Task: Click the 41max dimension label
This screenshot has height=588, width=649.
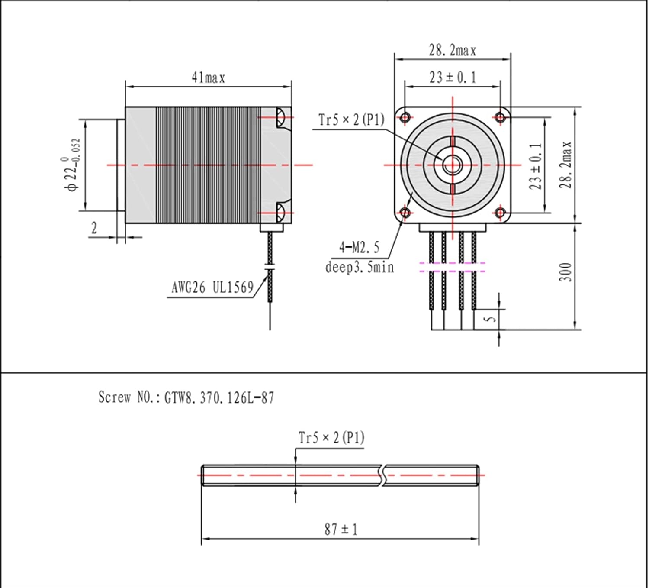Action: coord(208,78)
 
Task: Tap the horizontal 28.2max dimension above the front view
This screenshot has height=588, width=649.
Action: coord(452,51)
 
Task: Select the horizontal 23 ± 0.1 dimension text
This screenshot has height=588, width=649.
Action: coord(453,78)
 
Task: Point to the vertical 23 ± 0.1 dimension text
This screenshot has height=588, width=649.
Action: coord(535,166)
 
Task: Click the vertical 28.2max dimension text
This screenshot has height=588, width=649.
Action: coord(565,165)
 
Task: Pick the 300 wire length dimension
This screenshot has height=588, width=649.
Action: coord(565,272)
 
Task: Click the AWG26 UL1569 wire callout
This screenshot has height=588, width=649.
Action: coord(212,288)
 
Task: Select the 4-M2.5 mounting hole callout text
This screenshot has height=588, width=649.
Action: coord(359,247)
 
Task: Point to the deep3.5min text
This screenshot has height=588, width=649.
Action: coord(360,267)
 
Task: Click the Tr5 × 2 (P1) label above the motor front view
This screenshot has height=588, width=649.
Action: coord(351,120)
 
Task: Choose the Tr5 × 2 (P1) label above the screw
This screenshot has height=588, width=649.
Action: coord(331,438)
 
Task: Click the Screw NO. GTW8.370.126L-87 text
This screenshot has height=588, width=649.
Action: coord(186,397)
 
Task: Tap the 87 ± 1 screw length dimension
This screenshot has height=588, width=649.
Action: coord(341,529)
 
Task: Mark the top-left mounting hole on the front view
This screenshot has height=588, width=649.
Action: coord(405,117)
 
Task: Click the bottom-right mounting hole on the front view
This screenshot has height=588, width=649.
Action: coord(500,213)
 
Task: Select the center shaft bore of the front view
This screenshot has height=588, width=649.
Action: coord(453,165)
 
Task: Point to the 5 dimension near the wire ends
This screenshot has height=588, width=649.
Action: coord(489,319)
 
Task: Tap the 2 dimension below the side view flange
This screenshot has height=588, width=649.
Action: coord(94,228)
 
